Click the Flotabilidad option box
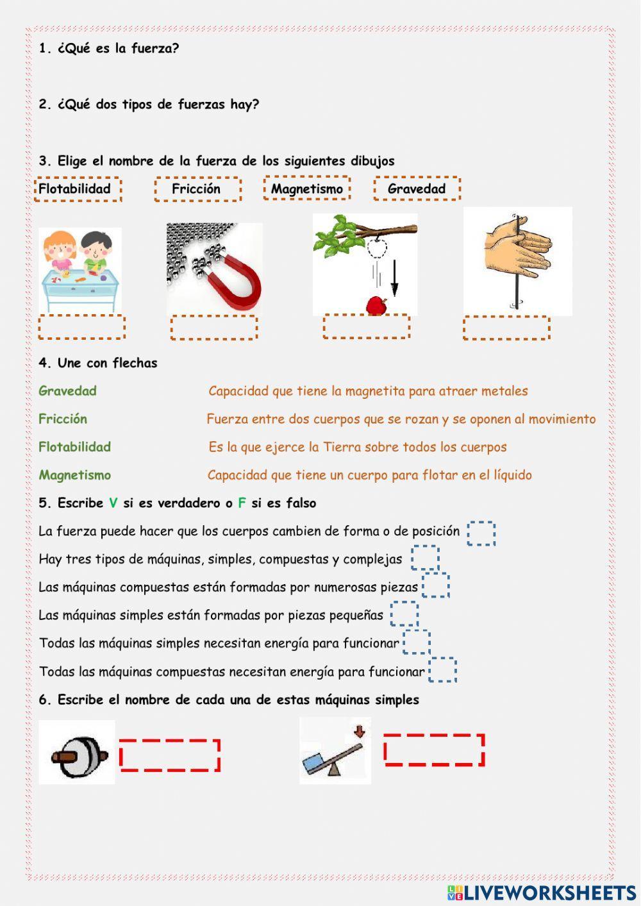pos(77,189)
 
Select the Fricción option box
pos(197,189)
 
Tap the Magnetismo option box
pos(306,189)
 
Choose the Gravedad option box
pos(417,189)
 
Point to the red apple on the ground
pos(377,306)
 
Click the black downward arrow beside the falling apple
pos(394,278)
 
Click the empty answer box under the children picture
pos(81,327)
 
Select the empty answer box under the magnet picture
pos(213,328)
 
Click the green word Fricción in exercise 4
pos(63,419)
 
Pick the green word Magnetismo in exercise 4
pos(74,475)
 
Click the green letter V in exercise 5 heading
pos(113,503)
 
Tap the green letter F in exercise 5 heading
pos(242,503)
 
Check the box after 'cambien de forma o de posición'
pos(481,533)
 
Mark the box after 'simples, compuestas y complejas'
pos(425,558)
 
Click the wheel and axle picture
pos(78,753)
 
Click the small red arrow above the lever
pos(359,731)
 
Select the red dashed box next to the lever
pos(434,750)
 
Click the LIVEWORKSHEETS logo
pos(542,893)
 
